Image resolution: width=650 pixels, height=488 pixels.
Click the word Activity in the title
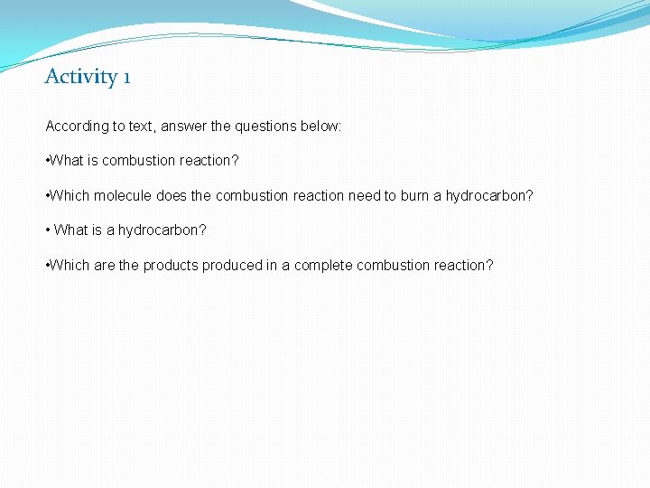(x=80, y=77)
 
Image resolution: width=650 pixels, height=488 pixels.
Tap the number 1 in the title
(x=126, y=77)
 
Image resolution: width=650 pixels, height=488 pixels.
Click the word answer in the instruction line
(x=184, y=127)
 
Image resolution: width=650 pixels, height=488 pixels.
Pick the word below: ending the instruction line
(x=320, y=127)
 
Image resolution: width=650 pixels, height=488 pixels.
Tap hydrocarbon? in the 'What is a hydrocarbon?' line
(x=162, y=230)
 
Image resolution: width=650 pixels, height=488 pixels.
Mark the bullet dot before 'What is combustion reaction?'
(x=48, y=161)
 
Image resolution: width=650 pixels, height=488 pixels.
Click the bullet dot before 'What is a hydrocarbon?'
(x=48, y=230)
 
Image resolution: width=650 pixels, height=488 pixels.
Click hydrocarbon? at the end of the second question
(x=489, y=195)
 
